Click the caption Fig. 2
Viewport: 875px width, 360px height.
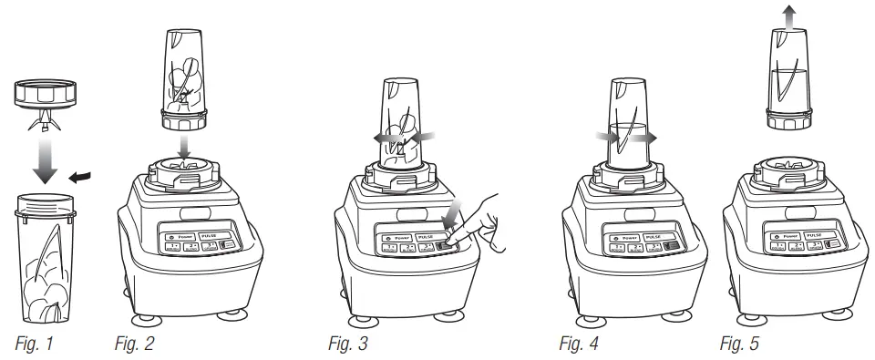[x=133, y=344]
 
